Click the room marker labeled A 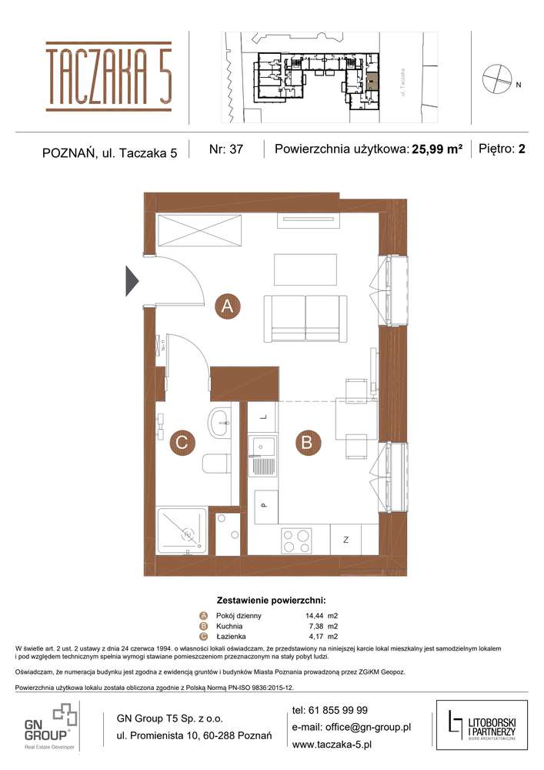point(227,306)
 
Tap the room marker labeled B point(306,442)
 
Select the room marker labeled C point(182,442)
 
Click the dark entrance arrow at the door point(131,280)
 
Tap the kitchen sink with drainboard point(262,457)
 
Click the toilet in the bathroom point(217,464)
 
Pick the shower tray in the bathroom point(182,531)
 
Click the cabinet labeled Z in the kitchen point(346,539)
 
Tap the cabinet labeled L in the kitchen point(262,417)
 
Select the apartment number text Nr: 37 point(225,150)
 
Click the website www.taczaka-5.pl point(332,744)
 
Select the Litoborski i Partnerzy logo point(481,725)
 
